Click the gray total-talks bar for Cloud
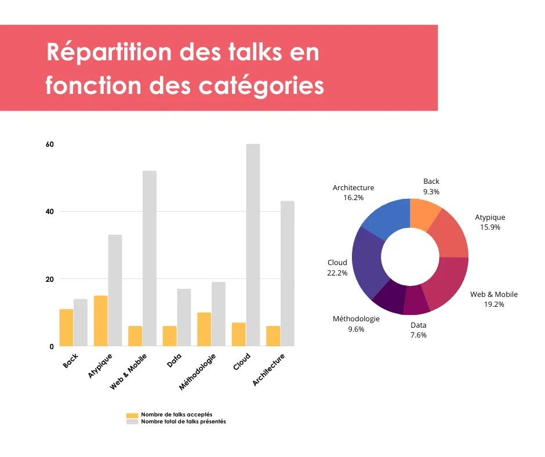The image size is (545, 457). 253,245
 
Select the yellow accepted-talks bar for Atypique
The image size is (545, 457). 100,321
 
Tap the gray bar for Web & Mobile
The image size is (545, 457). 149,258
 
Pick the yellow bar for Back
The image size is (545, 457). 66,328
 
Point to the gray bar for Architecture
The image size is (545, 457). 287,273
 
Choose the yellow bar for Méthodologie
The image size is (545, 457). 204,329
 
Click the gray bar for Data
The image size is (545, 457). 184,317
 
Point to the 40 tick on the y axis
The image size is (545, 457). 50,212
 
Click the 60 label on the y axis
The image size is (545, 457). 50,144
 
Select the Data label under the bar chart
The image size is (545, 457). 174,361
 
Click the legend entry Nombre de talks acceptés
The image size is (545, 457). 177,415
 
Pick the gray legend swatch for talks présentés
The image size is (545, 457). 132,422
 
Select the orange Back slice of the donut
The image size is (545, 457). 424,213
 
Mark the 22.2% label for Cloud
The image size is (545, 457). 337,273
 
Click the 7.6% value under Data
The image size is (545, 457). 418,335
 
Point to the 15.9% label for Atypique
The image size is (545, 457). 490,227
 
